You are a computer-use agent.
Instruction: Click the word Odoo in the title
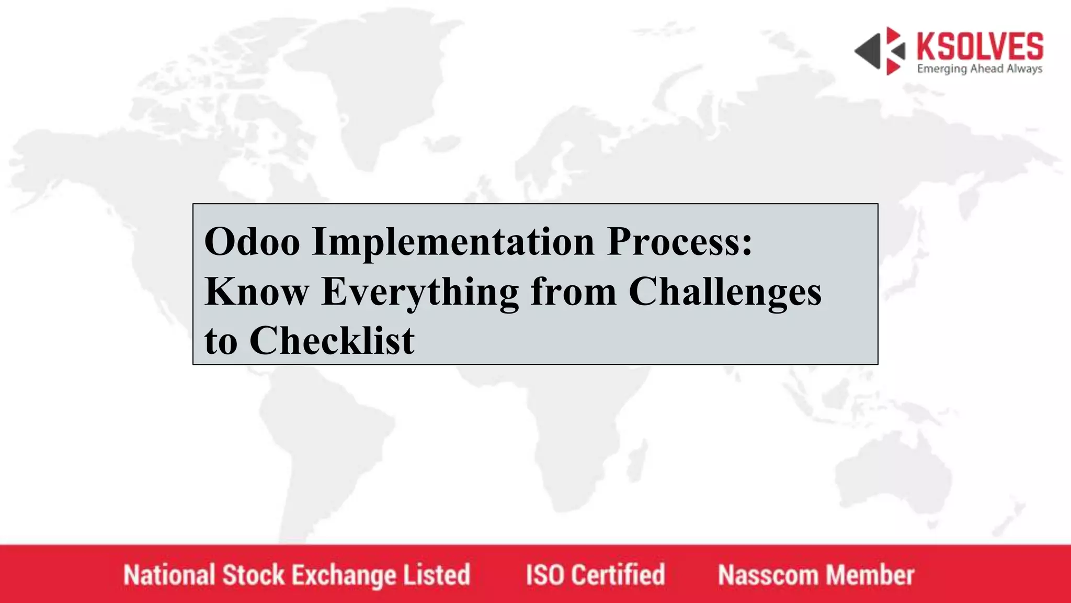[252, 242]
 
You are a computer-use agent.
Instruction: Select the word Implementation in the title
[453, 242]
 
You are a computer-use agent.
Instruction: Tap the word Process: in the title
[679, 242]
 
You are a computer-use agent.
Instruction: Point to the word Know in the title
[256, 292]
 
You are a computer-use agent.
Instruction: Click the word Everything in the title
[420, 292]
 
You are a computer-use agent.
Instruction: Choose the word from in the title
[573, 292]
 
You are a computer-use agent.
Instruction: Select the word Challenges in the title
[725, 292]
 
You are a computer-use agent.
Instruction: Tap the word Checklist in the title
[332, 341]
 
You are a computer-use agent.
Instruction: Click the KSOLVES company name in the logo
[979, 46]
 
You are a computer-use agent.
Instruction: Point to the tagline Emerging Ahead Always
[979, 69]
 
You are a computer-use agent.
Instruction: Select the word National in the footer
[169, 575]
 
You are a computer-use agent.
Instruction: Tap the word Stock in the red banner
[253, 575]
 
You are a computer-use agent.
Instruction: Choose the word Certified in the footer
[618, 575]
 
